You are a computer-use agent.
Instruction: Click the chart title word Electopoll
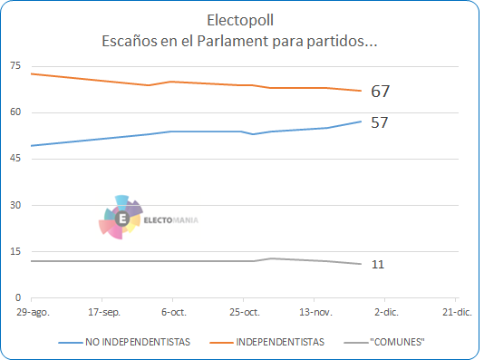pyautogui.click(x=240, y=20)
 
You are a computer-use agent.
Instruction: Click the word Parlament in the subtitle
pyautogui.click(x=233, y=41)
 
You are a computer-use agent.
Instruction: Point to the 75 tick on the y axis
pyautogui.click(x=15, y=65)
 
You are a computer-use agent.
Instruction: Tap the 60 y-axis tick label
pyautogui.click(x=15, y=112)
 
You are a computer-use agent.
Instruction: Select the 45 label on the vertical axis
pyautogui.click(x=15, y=158)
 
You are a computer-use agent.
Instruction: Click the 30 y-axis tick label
pyautogui.click(x=15, y=205)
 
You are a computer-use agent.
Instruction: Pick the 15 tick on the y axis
pyautogui.click(x=15, y=251)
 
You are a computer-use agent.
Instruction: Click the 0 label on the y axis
pyautogui.click(x=18, y=297)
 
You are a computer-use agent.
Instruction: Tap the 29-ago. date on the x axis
pyautogui.click(x=33, y=312)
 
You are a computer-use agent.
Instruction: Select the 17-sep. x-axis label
pyautogui.click(x=104, y=312)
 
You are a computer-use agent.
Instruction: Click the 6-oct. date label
pyautogui.click(x=174, y=312)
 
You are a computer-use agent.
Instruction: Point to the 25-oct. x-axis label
pyautogui.click(x=245, y=312)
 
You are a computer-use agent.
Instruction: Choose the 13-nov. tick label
pyautogui.click(x=315, y=312)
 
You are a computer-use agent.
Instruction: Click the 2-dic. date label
pyautogui.click(x=386, y=312)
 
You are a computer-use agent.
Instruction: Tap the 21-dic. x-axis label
pyautogui.click(x=457, y=312)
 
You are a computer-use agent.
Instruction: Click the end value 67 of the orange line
pyautogui.click(x=381, y=92)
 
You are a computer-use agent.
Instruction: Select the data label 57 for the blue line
pyautogui.click(x=380, y=122)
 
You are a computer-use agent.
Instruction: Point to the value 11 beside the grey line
pyautogui.click(x=378, y=265)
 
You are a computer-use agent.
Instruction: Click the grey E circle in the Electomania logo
pyautogui.click(x=122, y=219)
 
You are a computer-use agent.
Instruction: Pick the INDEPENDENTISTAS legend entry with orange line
pyautogui.click(x=267, y=342)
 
